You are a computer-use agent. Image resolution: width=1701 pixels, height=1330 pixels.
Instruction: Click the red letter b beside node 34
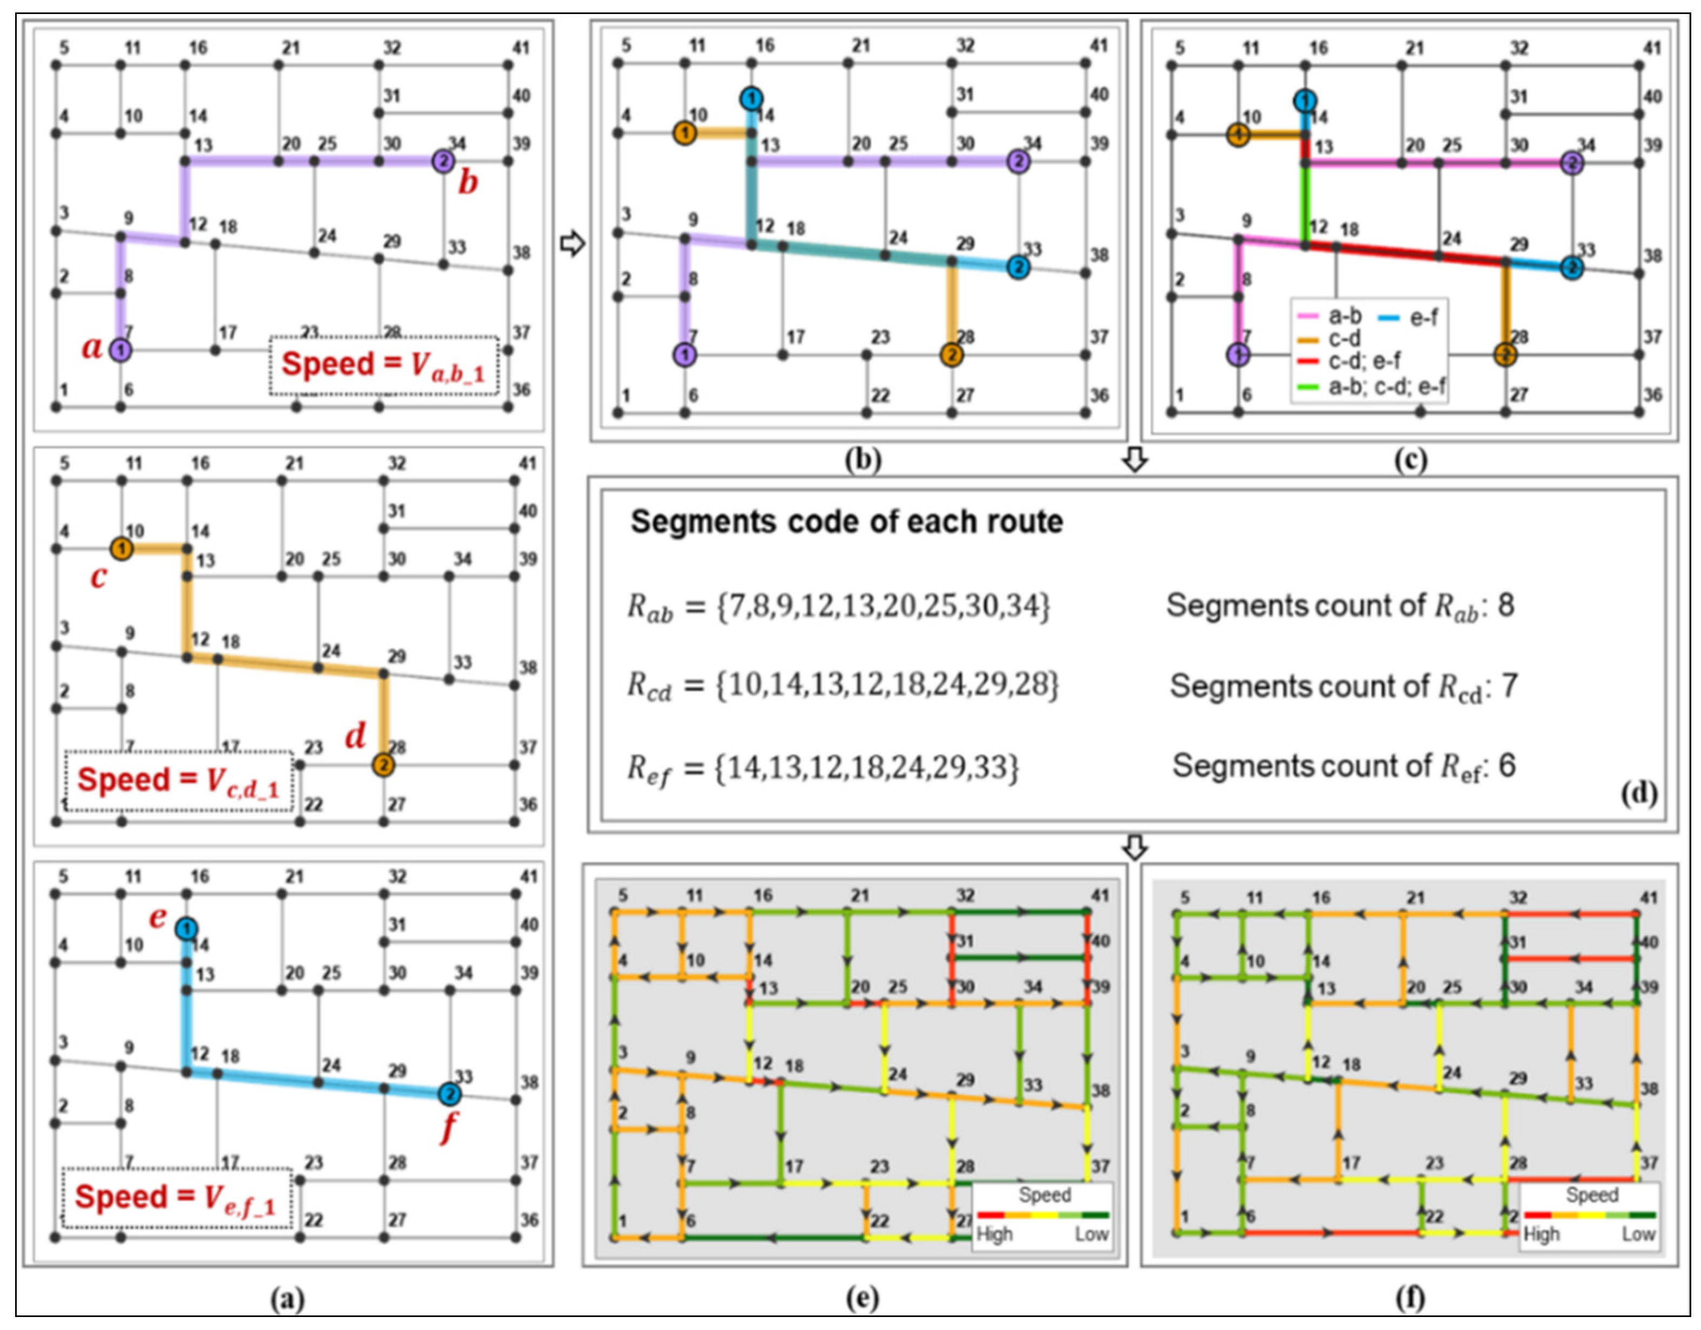pyautogui.click(x=467, y=183)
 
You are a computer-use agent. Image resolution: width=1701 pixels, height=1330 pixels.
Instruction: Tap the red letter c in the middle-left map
pyautogui.click(x=98, y=576)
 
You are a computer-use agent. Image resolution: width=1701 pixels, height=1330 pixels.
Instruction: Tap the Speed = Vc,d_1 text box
pyautogui.click(x=178, y=780)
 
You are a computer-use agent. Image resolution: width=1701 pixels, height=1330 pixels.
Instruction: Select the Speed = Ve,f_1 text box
pyautogui.click(x=176, y=1198)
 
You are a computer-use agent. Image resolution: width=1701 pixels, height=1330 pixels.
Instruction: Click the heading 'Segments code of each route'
pyautogui.click(x=847, y=522)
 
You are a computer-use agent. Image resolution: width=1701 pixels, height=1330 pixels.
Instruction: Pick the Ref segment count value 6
pyautogui.click(x=1507, y=766)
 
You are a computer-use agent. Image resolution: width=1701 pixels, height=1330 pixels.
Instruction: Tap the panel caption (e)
pyautogui.click(x=861, y=1298)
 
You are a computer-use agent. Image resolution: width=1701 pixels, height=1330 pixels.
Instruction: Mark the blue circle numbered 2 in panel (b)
pyautogui.click(x=1017, y=267)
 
